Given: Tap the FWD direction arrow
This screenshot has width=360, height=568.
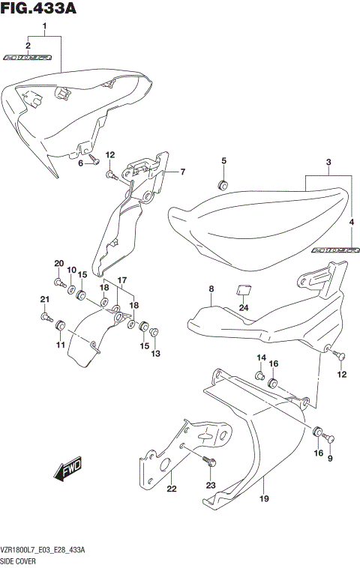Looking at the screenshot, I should (x=67, y=469).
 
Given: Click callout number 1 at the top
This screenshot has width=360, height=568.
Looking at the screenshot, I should (x=44, y=28).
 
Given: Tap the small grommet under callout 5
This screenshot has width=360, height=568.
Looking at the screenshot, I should (x=223, y=184).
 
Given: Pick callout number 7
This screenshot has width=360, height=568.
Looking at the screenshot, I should (x=181, y=172).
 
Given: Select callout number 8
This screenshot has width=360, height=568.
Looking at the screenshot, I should (x=211, y=289).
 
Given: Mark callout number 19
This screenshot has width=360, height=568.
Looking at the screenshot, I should (x=264, y=498).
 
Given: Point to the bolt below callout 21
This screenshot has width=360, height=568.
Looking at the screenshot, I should (x=46, y=318).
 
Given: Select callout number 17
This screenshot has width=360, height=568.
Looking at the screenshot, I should (x=121, y=280).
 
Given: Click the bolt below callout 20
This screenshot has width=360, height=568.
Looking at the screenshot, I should (x=58, y=283).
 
